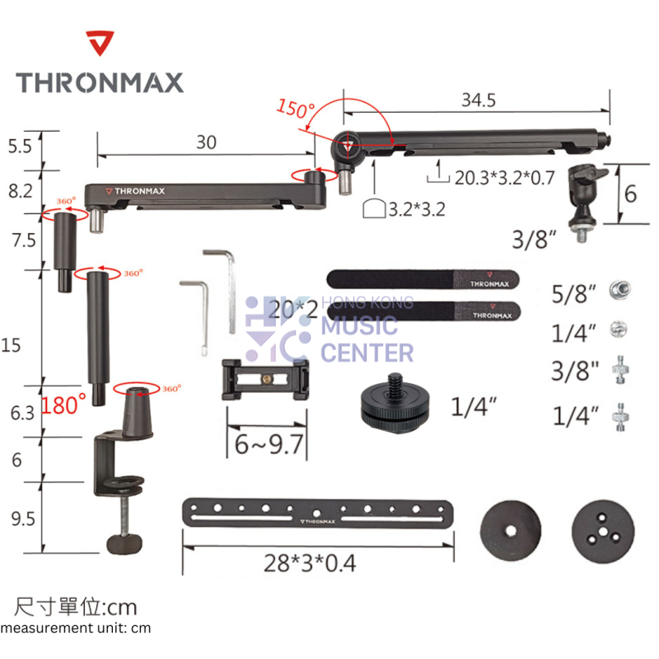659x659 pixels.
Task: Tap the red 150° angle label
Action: [x=296, y=108]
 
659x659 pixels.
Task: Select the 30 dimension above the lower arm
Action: [x=206, y=142]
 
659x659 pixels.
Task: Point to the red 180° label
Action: [x=63, y=404]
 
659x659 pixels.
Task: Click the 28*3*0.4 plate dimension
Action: [x=311, y=563]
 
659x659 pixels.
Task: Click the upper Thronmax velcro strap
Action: [x=423, y=280]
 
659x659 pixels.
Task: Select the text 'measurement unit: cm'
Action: [x=76, y=628]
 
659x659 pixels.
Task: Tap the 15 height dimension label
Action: [x=12, y=346]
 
